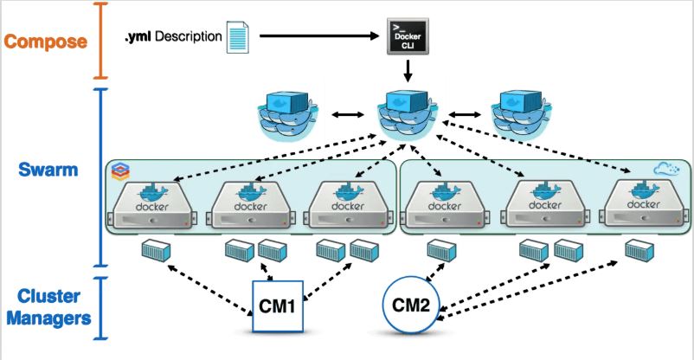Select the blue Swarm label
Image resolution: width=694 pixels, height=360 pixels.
(48, 170)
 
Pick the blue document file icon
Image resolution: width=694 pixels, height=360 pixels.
(237, 39)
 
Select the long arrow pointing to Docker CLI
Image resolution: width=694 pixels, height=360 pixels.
(319, 37)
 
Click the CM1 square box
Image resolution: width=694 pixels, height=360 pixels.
(279, 306)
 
